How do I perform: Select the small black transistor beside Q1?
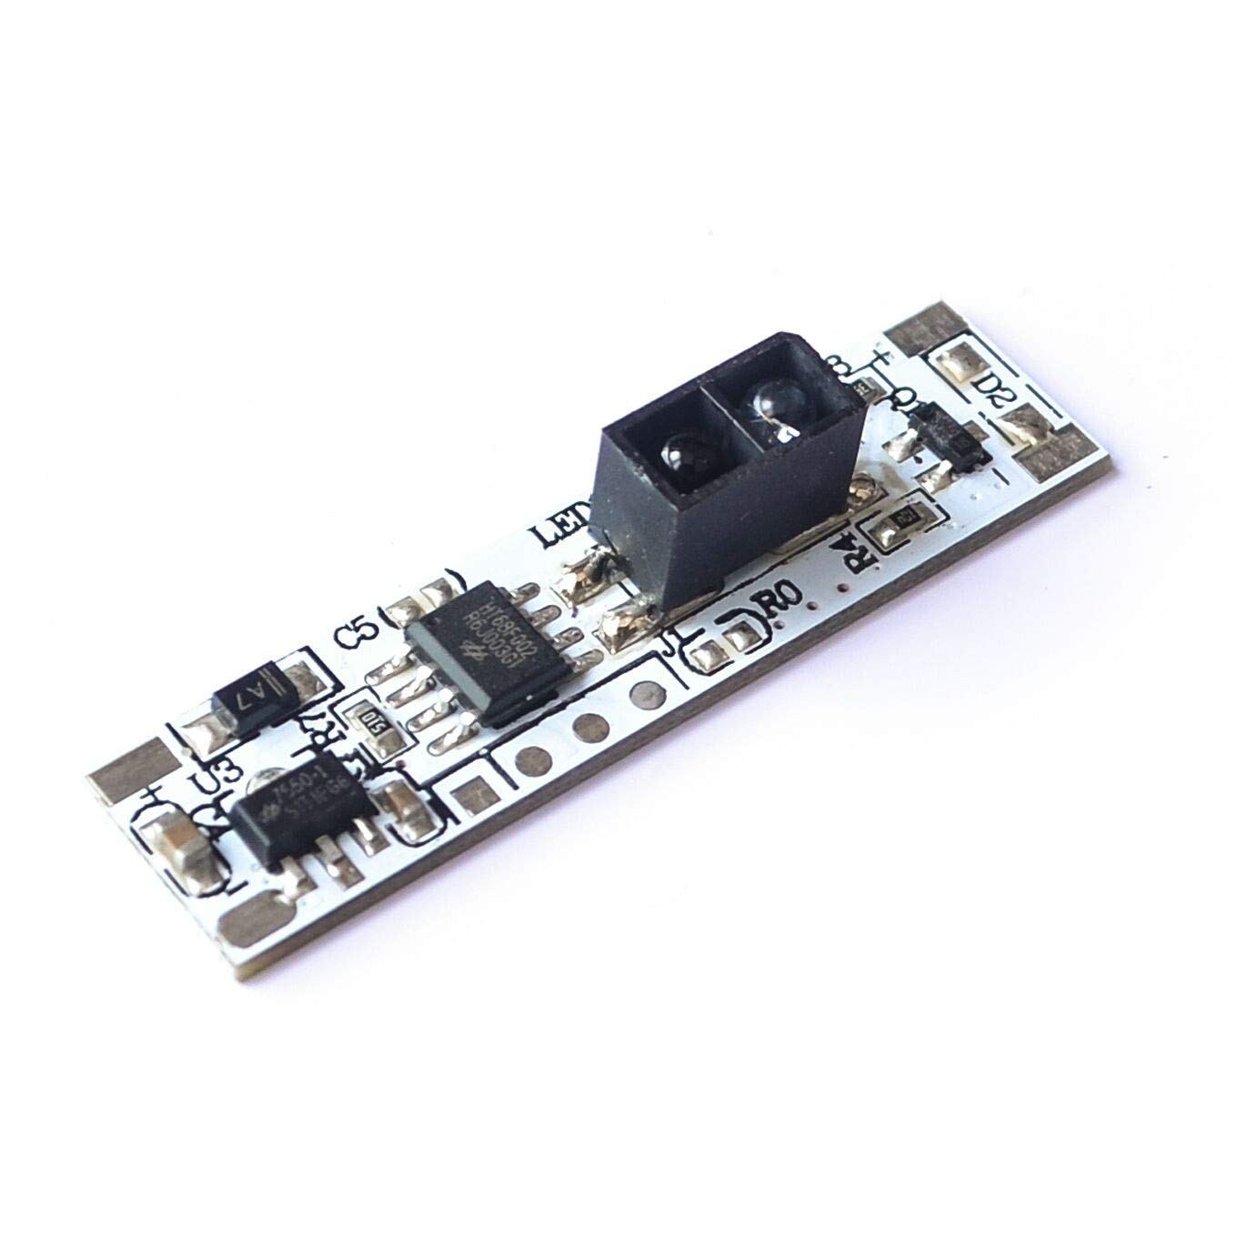click(947, 438)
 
